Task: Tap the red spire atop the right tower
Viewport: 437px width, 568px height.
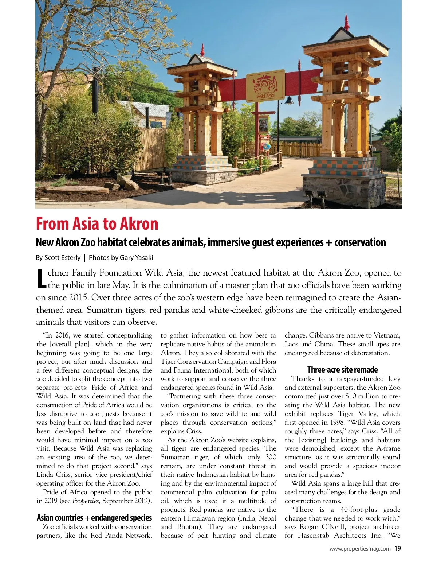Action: pos(347,23)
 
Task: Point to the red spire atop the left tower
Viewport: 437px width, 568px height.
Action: pos(203,50)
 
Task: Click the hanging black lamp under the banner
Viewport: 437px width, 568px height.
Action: pos(289,100)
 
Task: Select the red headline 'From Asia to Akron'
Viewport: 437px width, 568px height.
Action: pos(97,224)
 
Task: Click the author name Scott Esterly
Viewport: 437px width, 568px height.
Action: pos(62,258)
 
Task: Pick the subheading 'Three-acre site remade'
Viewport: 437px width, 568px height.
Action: pos(342,370)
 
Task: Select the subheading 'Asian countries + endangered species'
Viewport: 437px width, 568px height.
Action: pos(94,518)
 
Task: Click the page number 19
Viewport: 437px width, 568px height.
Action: pos(398,548)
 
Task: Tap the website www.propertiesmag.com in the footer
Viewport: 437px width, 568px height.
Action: pos(360,549)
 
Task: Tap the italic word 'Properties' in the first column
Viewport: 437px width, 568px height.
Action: pos(86,501)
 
